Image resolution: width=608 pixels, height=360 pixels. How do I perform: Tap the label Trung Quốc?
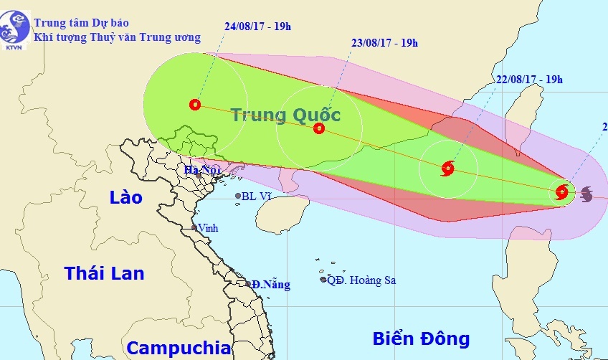285,115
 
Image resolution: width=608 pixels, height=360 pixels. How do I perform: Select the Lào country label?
126,197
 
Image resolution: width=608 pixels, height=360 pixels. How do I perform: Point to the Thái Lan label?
104,273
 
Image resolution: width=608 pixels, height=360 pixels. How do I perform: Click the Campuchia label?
179,349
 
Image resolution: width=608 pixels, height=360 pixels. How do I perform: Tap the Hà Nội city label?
200,170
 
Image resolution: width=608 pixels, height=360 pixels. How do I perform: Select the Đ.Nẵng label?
271,285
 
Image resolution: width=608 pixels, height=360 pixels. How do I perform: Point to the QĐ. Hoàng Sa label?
361,280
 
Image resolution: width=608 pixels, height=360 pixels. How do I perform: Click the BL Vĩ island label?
257,196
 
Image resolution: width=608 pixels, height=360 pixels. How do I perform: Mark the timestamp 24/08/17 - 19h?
257,27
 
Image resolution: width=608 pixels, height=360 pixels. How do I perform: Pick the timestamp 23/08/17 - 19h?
385,42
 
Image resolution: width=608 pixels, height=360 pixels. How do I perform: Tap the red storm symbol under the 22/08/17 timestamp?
447,169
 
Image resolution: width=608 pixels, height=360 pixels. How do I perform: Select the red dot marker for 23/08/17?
319,128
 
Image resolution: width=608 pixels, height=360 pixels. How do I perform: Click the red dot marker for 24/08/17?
195,105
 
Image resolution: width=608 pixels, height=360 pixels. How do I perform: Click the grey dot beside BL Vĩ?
238,196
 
